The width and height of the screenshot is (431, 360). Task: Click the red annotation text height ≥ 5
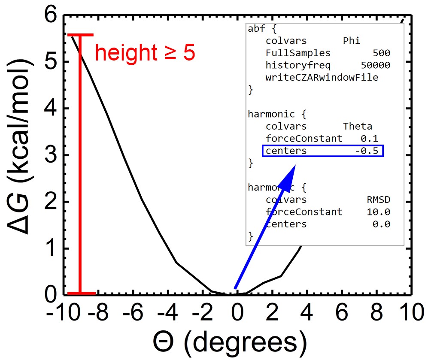click(145, 53)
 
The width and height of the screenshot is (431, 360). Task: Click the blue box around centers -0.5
click(322, 151)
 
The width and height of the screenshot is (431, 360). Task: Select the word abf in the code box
click(257, 29)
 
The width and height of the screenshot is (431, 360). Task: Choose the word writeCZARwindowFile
click(322, 78)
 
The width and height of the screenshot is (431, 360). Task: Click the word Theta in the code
click(358, 127)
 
